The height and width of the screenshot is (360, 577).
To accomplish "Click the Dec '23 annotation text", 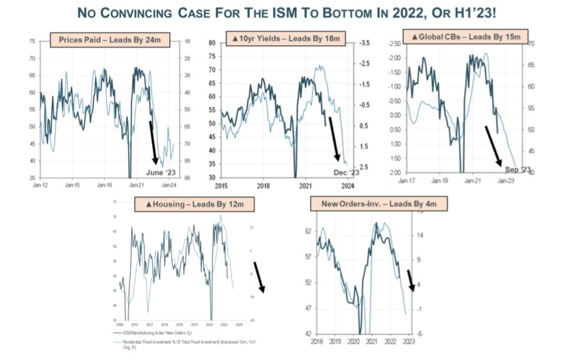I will click(x=346, y=171).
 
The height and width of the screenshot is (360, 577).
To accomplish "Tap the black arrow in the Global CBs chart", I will click(x=493, y=145).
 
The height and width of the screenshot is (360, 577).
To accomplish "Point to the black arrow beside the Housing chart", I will click(x=259, y=277).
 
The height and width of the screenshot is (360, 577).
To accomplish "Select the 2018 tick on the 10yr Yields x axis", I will click(x=263, y=186).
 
